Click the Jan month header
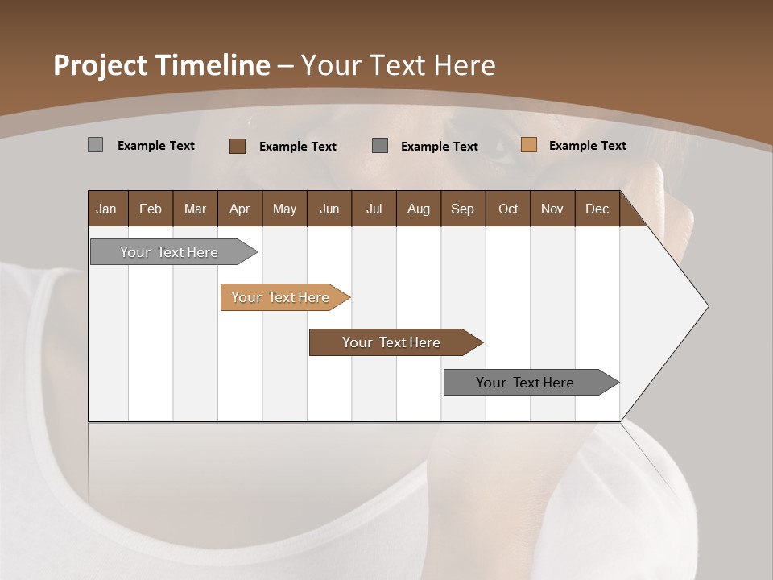pos(107,209)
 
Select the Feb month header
pos(151,209)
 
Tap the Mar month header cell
pos(195,209)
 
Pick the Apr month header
pos(240,209)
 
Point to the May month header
pos(284,209)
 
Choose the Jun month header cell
pos(329,209)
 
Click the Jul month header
pos(374,209)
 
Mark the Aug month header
pos(419,209)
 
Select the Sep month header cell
pos(463,209)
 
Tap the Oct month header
pos(508,209)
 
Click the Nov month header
pos(552,209)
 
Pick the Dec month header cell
pos(597,209)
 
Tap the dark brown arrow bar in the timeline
pos(392,342)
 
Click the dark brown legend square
pos(238,146)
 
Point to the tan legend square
pos(529,145)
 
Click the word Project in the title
pos(101,65)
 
